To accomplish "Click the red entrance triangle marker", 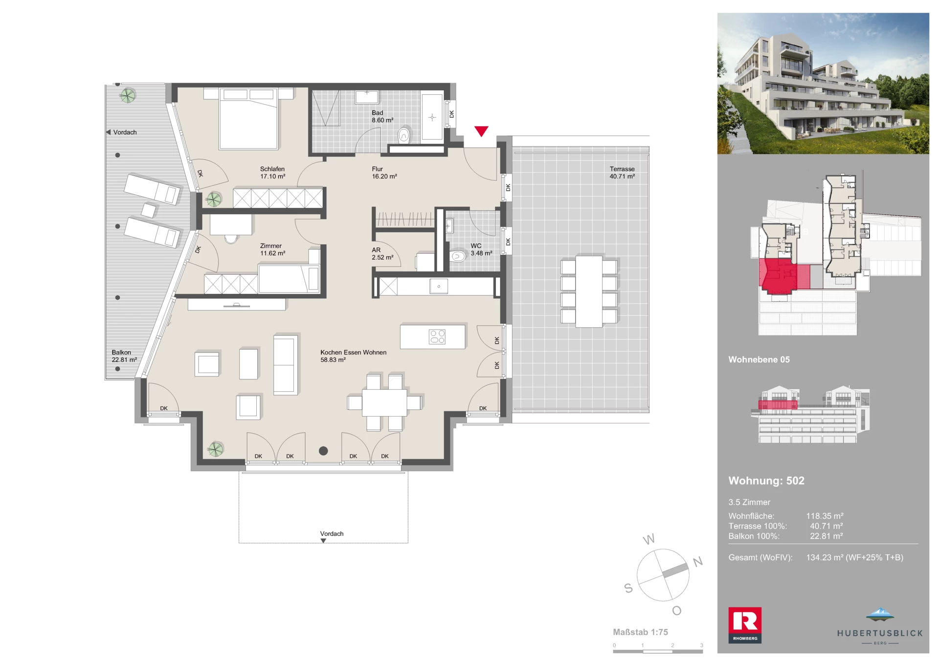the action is (481, 131).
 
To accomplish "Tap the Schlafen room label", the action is (272, 173).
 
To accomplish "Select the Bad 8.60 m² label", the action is (382, 116).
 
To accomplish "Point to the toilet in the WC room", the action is (458, 256).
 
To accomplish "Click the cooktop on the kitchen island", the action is (437, 336).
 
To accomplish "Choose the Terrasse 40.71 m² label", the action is (622, 173).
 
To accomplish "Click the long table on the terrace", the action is (589, 291).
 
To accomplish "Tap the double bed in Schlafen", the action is (248, 118).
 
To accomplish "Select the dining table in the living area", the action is (384, 402).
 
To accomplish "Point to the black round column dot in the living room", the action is (323, 451).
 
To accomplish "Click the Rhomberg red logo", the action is (745, 625).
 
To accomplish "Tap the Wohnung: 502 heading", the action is (766, 481).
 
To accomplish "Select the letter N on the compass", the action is (698, 562).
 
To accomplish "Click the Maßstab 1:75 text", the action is (640, 632).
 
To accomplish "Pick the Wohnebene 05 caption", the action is (759, 359).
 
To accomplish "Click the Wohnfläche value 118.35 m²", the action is (825, 516).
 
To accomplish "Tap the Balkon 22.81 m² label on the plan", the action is (124, 356).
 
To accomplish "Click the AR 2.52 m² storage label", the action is (382, 254).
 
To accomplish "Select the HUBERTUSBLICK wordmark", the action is (880, 633).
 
